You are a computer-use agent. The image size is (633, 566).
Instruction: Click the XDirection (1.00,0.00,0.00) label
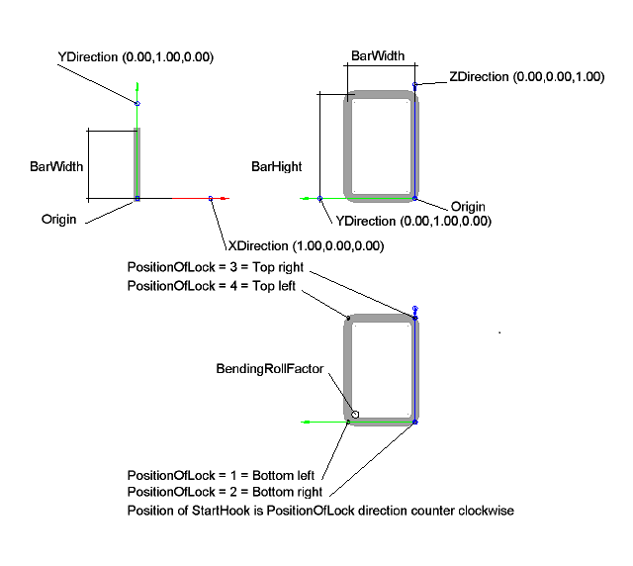click(306, 245)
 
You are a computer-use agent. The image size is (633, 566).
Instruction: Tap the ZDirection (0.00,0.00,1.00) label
click(526, 76)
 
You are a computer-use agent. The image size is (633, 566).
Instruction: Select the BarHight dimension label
click(276, 167)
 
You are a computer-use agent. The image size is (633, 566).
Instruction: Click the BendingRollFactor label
click(269, 369)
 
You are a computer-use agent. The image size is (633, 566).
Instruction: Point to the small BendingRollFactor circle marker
click(355, 414)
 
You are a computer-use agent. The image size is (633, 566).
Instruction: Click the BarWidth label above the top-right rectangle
click(377, 57)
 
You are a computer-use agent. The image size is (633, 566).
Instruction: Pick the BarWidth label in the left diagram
click(55, 167)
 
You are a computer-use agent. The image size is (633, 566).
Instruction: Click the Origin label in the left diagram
click(59, 218)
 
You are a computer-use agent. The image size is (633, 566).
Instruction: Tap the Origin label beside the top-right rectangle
click(469, 206)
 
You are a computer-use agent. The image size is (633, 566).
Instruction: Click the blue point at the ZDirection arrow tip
click(415, 86)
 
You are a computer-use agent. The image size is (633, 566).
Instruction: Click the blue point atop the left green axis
click(137, 103)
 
